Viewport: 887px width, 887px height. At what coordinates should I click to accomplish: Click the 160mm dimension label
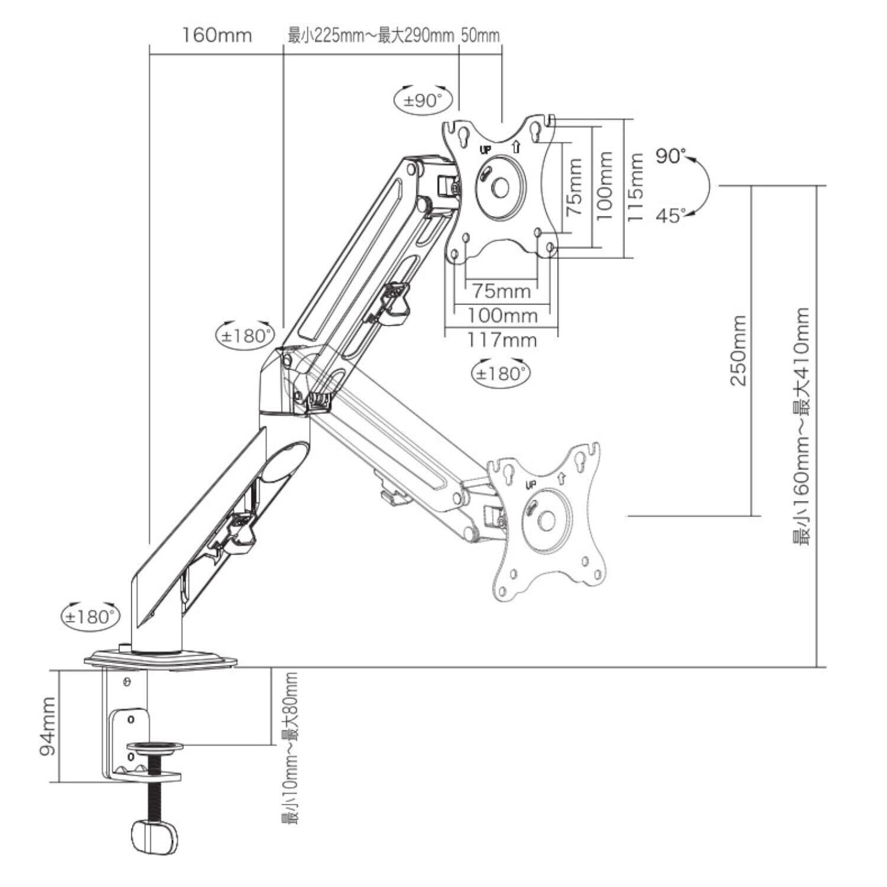coord(216,35)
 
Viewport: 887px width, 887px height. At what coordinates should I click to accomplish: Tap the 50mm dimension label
coord(480,35)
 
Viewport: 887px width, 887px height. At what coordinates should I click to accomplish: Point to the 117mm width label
coord(502,340)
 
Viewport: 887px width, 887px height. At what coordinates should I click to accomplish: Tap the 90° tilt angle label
coord(671,156)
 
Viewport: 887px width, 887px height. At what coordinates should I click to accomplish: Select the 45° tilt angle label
coord(671,216)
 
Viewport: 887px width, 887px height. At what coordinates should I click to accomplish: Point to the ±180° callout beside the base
coord(90,617)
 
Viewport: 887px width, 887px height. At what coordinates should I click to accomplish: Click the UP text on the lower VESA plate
coord(530,485)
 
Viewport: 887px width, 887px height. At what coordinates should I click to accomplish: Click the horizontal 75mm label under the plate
coord(501,292)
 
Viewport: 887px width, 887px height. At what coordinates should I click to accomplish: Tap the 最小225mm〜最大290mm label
coord(371,35)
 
